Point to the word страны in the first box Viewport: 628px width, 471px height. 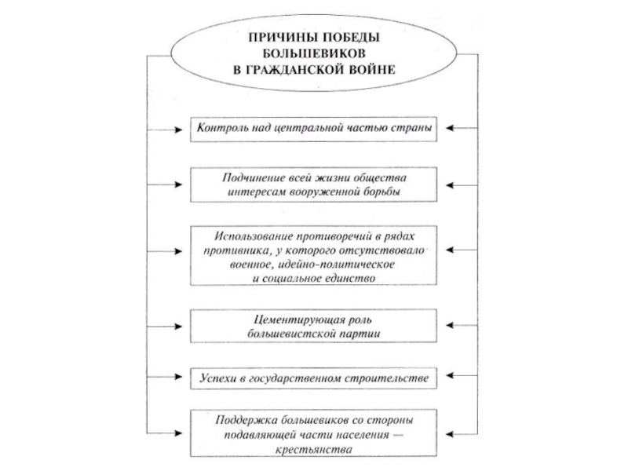click(x=408, y=126)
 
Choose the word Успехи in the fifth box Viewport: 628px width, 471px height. click(x=215, y=378)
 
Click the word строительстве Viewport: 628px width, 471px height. click(x=385, y=378)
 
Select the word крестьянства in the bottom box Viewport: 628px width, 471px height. click(x=313, y=448)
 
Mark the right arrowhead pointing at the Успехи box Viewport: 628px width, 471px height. click(x=442, y=378)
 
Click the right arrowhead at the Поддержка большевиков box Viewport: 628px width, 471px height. click(x=442, y=434)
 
